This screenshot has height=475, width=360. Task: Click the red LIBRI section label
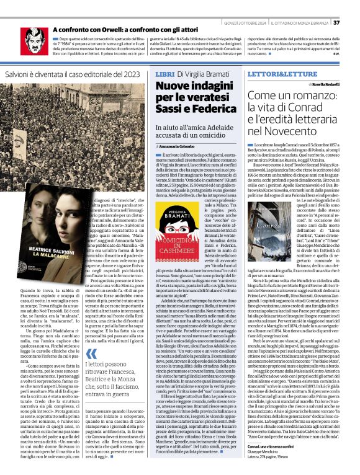(164, 74)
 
